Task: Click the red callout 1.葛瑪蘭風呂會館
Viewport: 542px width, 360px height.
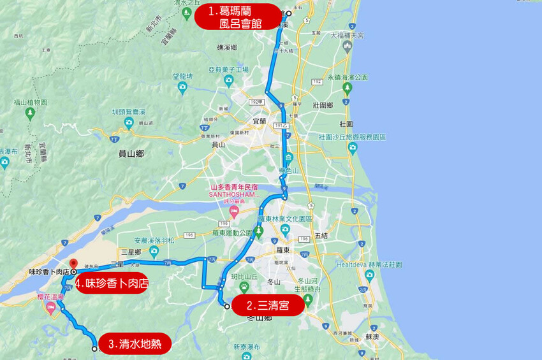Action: coord(237,17)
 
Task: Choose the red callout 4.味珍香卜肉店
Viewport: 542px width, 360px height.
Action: coord(112,282)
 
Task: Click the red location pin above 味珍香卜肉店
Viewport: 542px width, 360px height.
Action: coord(73,264)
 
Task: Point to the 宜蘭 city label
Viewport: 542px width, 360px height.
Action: coord(258,120)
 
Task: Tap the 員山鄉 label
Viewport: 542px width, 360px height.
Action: coord(131,153)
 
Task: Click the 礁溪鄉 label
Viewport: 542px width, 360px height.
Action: coord(227,48)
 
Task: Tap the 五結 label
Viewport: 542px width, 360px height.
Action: coord(321,236)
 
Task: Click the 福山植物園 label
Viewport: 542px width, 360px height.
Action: coord(30,102)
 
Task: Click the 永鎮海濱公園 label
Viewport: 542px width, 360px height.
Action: coord(348,77)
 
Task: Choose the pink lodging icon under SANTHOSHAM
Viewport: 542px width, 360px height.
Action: coord(234,210)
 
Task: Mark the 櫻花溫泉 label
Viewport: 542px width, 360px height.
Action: coord(50,297)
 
